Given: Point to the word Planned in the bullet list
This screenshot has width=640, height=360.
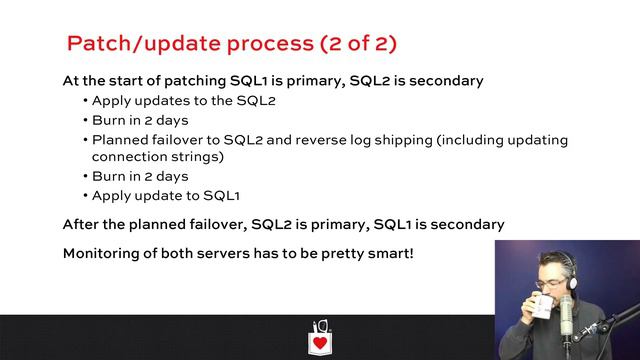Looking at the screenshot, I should click(120, 139).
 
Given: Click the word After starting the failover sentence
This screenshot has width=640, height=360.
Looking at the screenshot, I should click(83, 224).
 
